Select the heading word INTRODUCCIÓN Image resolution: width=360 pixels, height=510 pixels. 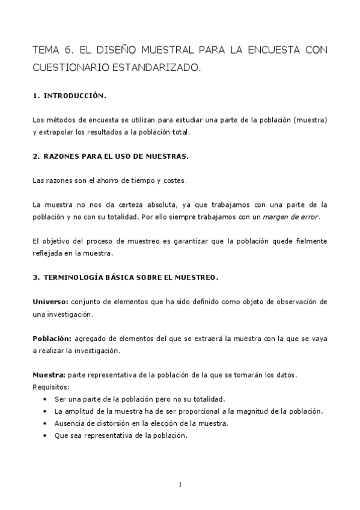tap(75, 96)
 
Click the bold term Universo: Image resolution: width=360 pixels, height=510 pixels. tap(51, 301)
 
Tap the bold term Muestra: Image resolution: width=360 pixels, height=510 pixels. tap(49, 375)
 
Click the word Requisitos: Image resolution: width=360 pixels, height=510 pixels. tap(51, 387)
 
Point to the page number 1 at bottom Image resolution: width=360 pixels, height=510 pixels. tap(180, 485)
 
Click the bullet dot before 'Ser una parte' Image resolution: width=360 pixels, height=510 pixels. tap(46, 399)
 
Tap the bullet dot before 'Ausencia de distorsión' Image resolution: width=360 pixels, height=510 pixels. tap(46, 423)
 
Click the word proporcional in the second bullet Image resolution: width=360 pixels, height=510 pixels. tap(197, 411)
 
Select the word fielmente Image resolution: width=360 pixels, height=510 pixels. tap(308, 241)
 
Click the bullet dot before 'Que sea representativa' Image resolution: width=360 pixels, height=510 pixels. tap(46, 435)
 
